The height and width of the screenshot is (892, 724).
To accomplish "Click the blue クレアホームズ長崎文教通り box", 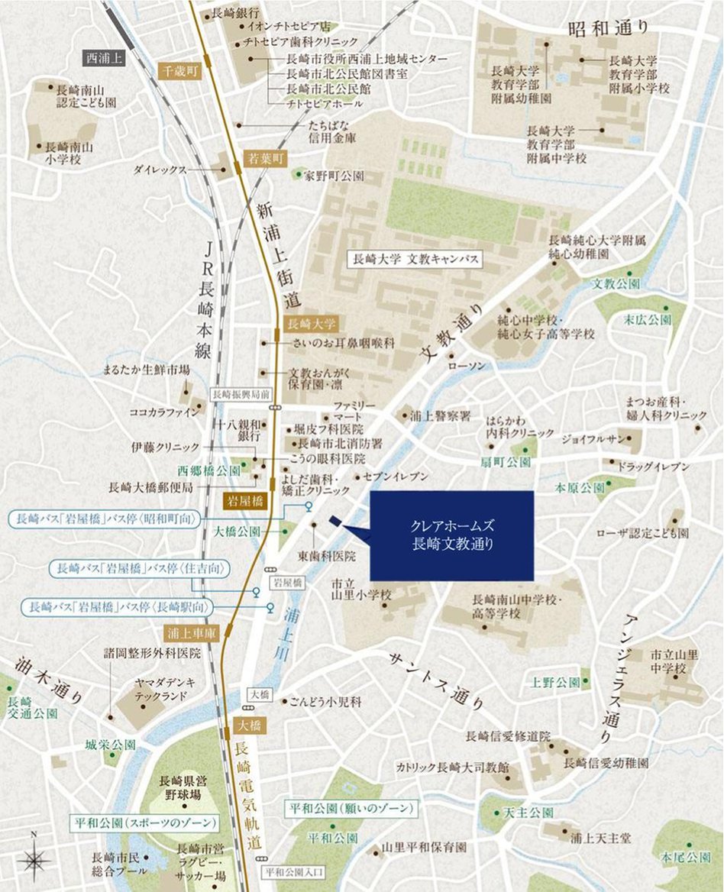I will pos(451,535).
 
